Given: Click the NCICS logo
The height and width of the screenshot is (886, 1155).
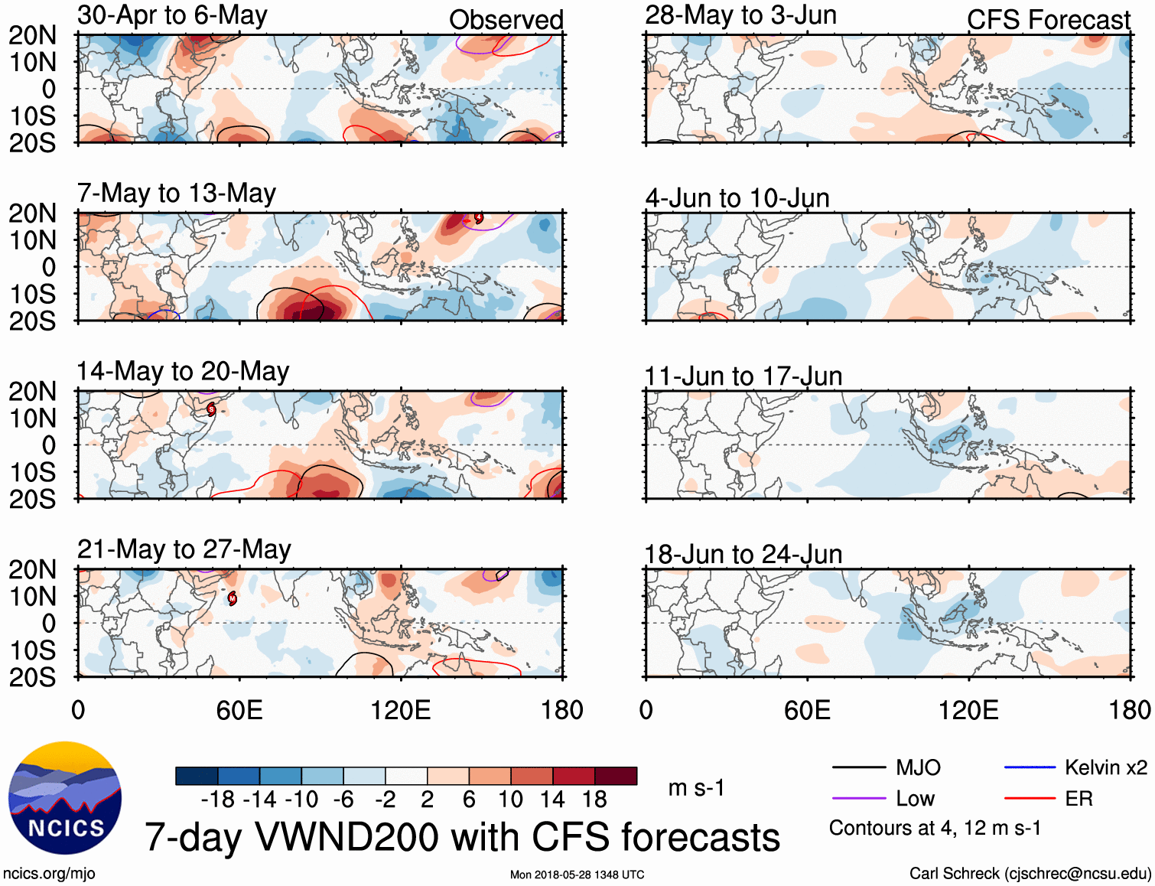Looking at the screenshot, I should click(x=65, y=798).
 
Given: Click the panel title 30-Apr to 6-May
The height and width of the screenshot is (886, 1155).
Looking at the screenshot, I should click(x=172, y=15).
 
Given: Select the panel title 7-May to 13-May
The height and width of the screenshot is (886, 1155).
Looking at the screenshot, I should click(x=176, y=194).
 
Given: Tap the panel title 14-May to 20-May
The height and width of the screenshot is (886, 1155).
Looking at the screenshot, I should click(x=182, y=372).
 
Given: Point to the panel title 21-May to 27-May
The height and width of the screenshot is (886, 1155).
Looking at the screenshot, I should click(x=184, y=550).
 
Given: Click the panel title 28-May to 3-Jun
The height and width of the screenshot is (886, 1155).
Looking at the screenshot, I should click(x=740, y=15).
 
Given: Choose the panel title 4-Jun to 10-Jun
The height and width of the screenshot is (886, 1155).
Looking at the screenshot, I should click(x=737, y=198).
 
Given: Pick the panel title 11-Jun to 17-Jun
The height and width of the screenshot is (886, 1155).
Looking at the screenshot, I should click(x=743, y=376).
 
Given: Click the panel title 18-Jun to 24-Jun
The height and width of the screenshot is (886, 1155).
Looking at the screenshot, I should click(x=743, y=555).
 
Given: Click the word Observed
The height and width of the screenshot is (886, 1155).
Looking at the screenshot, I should click(x=506, y=20).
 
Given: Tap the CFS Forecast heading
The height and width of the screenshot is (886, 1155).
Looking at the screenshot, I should click(x=1048, y=20).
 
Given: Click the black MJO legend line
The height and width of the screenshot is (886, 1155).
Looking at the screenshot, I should click(x=858, y=767).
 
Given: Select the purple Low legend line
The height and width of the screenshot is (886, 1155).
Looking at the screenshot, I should click(x=858, y=799).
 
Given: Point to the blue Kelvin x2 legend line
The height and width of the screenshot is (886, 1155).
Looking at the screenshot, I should click(x=1030, y=767).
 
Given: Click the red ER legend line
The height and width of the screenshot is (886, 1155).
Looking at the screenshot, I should click(x=1030, y=799).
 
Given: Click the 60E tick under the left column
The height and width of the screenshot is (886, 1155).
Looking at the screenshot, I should click(x=239, y=710).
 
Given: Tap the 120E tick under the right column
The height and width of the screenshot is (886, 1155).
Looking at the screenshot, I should click(x=968, y=710).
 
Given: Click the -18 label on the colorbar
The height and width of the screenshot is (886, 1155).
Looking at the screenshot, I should click(x=218, y=800).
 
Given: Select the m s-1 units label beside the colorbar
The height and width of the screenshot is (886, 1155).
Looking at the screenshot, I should click(x=696, y=787).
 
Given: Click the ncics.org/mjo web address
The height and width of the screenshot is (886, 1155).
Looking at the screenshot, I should click(x=49, y=874).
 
